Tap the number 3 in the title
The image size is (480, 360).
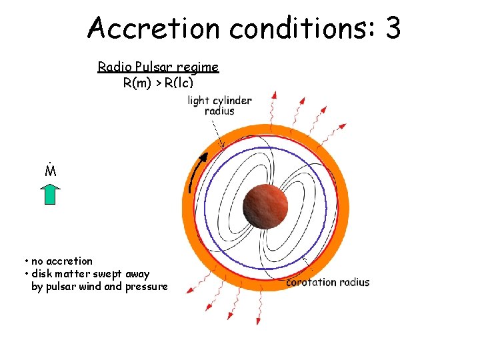click(393, 28)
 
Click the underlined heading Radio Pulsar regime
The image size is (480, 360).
click(158, 67)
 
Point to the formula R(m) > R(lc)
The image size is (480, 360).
click(158, 83)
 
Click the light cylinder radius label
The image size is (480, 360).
click(219, 105)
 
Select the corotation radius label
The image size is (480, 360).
click(327, 282)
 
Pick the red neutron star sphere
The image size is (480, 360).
click(265, 206)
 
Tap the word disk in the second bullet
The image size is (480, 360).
click(42, 274)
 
